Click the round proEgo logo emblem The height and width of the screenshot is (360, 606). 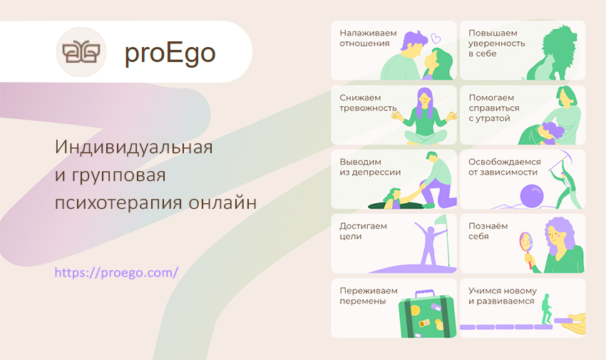81,52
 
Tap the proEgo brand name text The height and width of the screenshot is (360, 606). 170,53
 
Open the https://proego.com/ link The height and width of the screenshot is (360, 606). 116,273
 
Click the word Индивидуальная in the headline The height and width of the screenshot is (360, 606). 134,147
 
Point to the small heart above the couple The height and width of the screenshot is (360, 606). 436,38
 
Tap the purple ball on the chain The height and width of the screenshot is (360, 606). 532,196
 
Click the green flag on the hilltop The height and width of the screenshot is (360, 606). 441,220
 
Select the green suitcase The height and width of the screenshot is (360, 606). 426,314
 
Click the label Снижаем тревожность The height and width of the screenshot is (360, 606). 368,103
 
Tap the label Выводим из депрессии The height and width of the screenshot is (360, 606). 370,167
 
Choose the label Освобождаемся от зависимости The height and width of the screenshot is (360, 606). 504,167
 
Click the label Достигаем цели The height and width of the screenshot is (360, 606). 363,231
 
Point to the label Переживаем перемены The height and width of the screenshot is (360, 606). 369,296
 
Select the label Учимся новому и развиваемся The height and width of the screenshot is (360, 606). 503,296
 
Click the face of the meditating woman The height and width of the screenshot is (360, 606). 424,100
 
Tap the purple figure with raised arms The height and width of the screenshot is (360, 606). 429,243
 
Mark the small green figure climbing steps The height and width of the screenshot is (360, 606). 547,309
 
